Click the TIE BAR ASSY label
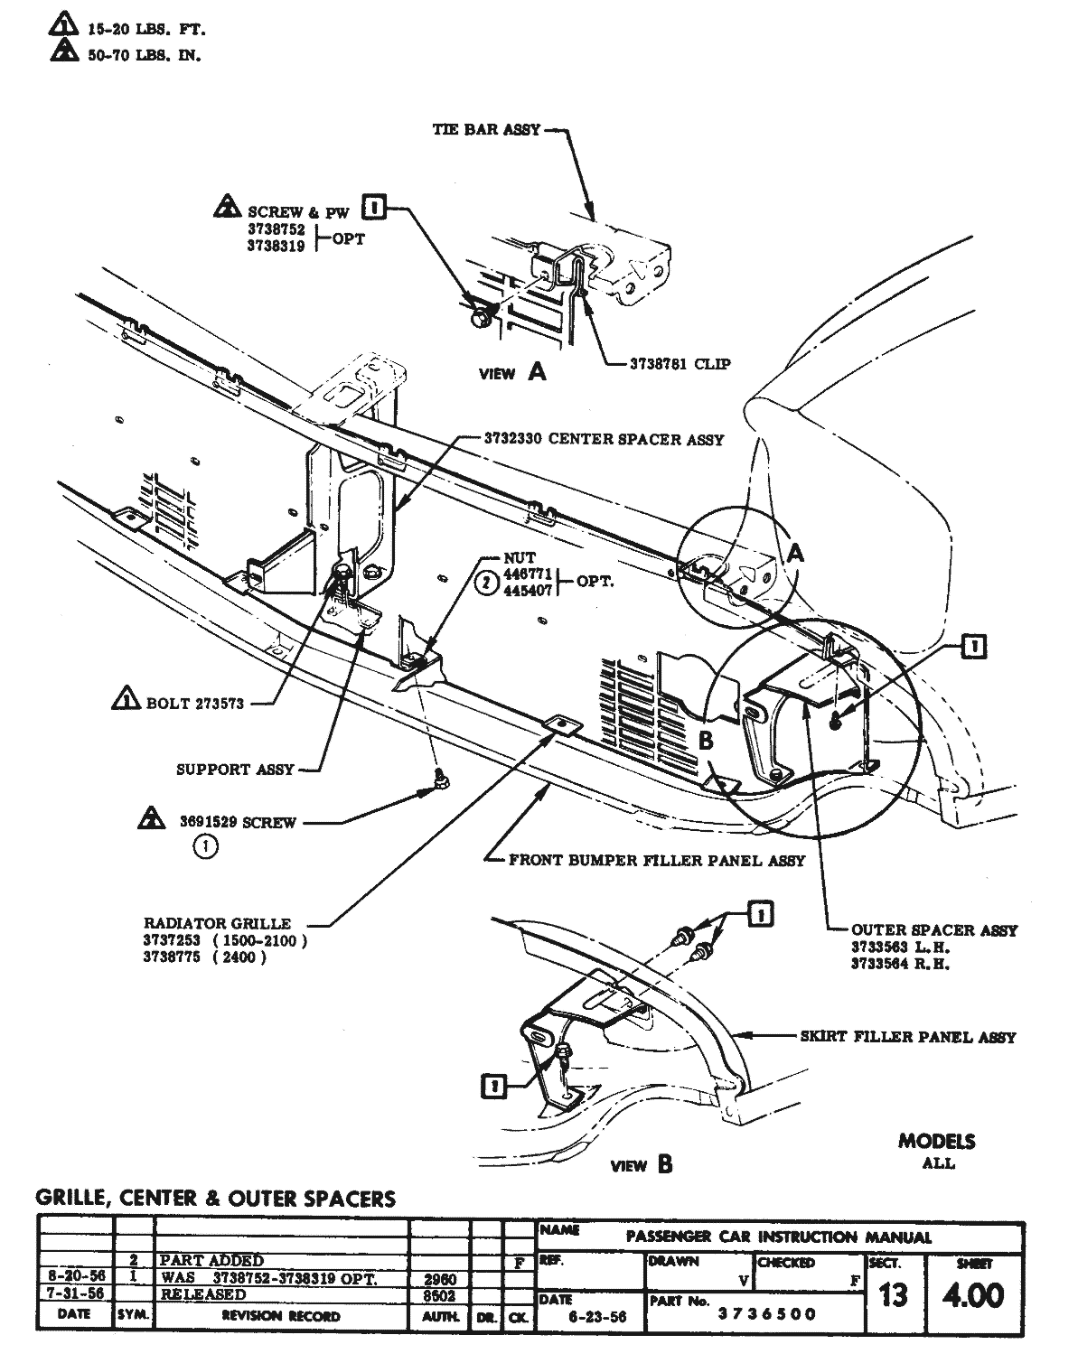[486, 129]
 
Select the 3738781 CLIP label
[680, 365]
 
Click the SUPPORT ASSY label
[235, 770]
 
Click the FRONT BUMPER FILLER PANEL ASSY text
[656, 860]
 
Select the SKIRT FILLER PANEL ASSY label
[907, 1037]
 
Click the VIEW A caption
[512, 372]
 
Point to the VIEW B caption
[641, 1165]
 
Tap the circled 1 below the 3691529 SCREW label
[206, 847]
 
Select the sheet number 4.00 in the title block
[972, 1296]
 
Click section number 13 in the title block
[892, 1296]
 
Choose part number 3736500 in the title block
[766, 1313]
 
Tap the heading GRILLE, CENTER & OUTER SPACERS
[215, 1199]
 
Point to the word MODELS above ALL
[936, 1141]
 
